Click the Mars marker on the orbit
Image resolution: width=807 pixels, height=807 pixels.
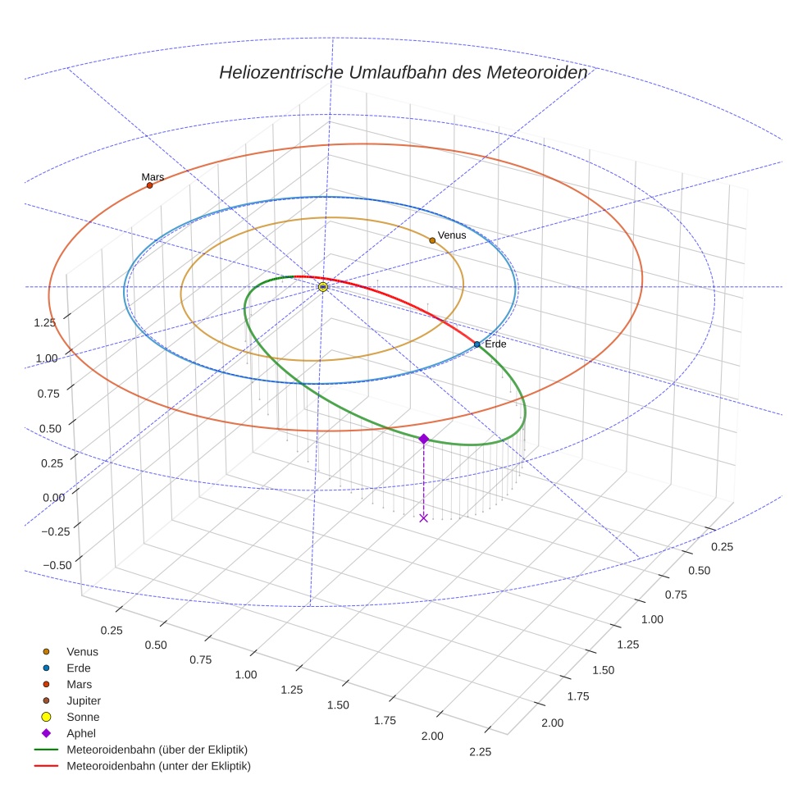pyautogui.click(x=149, y=185)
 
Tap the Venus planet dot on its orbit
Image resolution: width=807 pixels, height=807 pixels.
pyautogui.click(x=432, y=240)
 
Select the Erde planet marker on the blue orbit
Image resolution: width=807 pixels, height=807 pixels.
pyautogui.click(x=476, y=344)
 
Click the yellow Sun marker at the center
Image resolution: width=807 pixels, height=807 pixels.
pyautogui.click(x=323, y=287)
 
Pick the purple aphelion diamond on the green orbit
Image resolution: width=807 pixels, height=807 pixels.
pyautogui.click(x=423, y=440)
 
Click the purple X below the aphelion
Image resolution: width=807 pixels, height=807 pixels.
pyautogui.click(x=423, y=517)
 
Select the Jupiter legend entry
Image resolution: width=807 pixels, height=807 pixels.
pyautogui.click(x=83, y=700)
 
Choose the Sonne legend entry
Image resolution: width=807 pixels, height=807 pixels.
pyautogui.click(x=82, y=717)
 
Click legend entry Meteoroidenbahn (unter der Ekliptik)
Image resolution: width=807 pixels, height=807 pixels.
pyautogui.click(x=158, y=766)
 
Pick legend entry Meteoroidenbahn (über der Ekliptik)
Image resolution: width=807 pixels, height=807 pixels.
pyautogui.click(x=157, y=750)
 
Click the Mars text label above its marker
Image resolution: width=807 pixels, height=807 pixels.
pyautogui.click(x=153, y=176)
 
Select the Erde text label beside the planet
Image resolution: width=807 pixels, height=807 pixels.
pyautogui.click(x=495, y=344)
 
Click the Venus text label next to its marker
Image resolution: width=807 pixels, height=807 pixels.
pyautogui.click(x=452, y=235)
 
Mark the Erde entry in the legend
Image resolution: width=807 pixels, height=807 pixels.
pyautogui.click(x=78, y=668)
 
